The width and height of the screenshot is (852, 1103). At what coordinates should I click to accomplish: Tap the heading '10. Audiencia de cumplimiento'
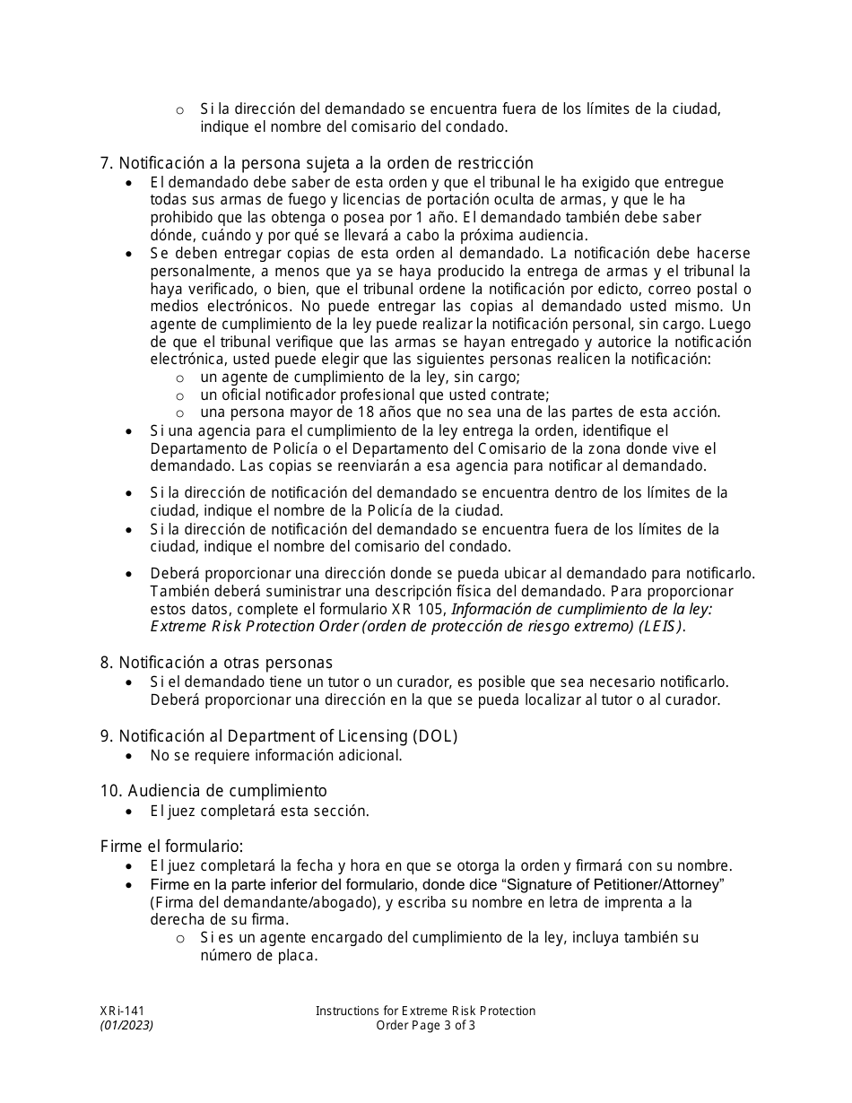click(x=213, y=790)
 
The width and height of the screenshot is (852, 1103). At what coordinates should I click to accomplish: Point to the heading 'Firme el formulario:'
click(x=171, y=846)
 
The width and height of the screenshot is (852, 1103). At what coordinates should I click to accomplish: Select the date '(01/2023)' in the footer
click(x=126, y=1026)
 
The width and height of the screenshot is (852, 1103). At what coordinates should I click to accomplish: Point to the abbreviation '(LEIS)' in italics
click(x=660, y=627)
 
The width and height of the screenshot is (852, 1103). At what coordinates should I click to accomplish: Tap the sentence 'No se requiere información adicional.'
click(x=276, y=755)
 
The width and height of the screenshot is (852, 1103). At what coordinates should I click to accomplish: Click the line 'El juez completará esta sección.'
click(x=259, y=811)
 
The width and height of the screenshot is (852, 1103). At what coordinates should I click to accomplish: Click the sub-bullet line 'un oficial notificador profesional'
click(x=375, y=395)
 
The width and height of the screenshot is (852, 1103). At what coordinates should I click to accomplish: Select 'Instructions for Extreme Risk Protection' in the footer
click(x=425, y=1011)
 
